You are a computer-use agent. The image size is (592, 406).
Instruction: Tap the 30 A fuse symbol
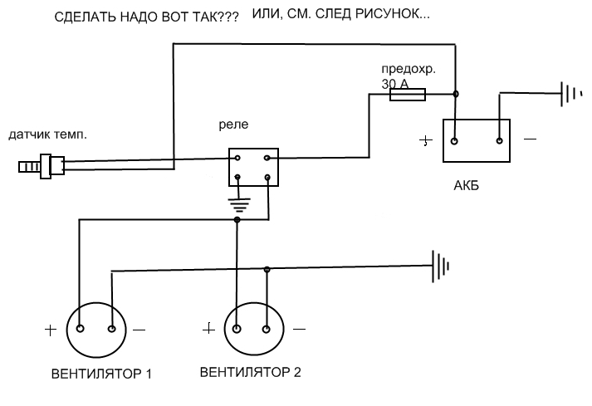[x=408, y=95]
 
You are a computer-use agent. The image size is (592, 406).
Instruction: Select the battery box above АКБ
[x=477, y=141]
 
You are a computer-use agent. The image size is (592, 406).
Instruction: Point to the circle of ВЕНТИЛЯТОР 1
[x=95, y=329]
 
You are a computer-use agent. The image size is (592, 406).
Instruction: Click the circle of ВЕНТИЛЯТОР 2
[x=252, y=328]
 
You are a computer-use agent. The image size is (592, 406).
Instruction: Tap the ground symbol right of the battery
[x=572, y=93]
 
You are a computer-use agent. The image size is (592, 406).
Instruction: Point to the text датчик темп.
[x=47, y=133]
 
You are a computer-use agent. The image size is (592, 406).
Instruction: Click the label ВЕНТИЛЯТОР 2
[x=250, y=371]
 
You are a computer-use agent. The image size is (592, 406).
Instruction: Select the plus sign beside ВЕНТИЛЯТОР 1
[x=51, y=330]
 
